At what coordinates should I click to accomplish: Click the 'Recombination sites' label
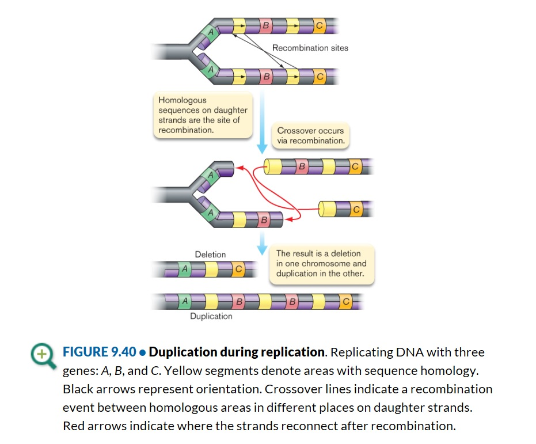pos(310,48)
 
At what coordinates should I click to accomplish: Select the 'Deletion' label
pos(210,254)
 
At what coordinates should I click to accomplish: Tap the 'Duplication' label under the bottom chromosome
pos(211,316)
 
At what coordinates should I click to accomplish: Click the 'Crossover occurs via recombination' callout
pos(310,135)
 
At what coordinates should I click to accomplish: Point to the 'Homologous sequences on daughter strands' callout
pos(203,115)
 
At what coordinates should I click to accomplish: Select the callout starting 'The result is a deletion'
pos(321,263)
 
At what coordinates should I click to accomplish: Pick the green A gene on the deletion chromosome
pos(184,269)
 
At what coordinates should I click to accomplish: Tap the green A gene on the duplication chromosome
pos(184,301)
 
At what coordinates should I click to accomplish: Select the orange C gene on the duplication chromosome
pos(345,301)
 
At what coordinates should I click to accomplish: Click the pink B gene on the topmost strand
pos(265,25)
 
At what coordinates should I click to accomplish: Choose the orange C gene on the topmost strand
pos(320,25)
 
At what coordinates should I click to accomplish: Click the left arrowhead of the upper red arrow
pos(240,168)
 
